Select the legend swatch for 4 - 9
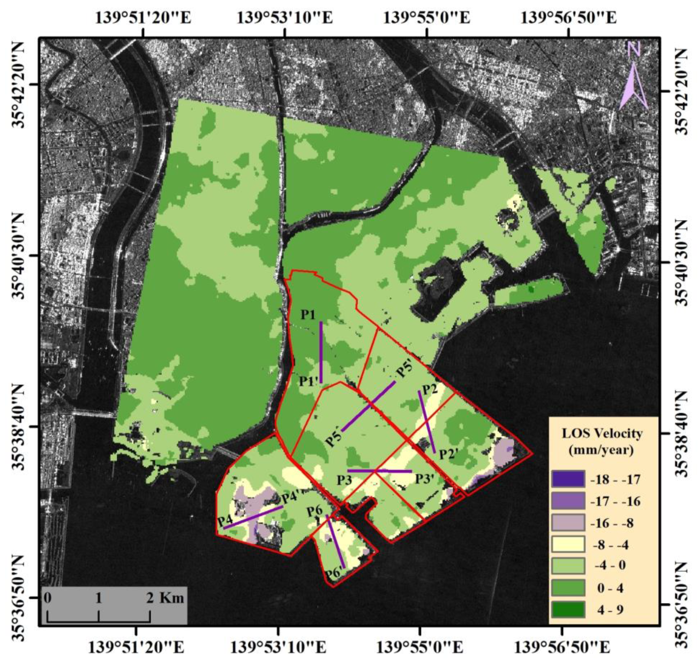click(x=568, y=609)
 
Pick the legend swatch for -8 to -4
click(x=568, y=545)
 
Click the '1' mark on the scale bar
click(x=99, y=598)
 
